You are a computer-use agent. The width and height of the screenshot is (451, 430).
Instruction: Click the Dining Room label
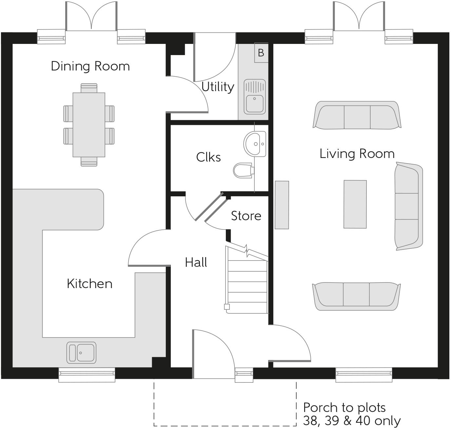90,66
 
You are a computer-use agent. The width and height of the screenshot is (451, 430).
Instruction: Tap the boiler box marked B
261,52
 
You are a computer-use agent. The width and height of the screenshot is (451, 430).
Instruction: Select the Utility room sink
254,97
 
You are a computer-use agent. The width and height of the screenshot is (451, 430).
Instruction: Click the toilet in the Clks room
244,170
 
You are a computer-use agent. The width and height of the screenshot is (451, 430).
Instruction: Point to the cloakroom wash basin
255,144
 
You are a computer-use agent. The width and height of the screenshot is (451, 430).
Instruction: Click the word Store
246,216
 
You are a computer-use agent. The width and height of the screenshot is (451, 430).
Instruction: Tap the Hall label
196,262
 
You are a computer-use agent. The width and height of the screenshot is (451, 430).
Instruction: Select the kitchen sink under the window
81,353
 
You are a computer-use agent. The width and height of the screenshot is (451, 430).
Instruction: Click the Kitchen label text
90,283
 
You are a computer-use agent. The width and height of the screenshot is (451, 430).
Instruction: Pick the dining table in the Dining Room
89,125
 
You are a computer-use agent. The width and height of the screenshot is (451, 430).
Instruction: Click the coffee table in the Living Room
355,204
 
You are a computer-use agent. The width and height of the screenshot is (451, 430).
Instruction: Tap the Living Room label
357,153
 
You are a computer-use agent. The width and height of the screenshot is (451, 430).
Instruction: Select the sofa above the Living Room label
357,115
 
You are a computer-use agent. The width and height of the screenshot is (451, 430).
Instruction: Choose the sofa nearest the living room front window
357,296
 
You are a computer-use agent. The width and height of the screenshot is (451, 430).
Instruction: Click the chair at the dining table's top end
89,88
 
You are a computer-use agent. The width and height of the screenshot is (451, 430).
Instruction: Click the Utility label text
218,87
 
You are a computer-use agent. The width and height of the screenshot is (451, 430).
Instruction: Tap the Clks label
208,157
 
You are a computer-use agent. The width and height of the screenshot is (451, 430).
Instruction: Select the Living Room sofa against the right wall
409,206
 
